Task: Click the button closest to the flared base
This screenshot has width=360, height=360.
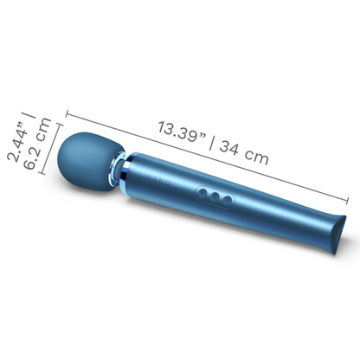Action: pyautogui.click(x=227, y=201)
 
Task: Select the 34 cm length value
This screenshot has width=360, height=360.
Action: pyautogui.click(x=244, y=154)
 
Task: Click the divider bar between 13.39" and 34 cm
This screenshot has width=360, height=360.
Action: pyautogui.click(x=213, y=144)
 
